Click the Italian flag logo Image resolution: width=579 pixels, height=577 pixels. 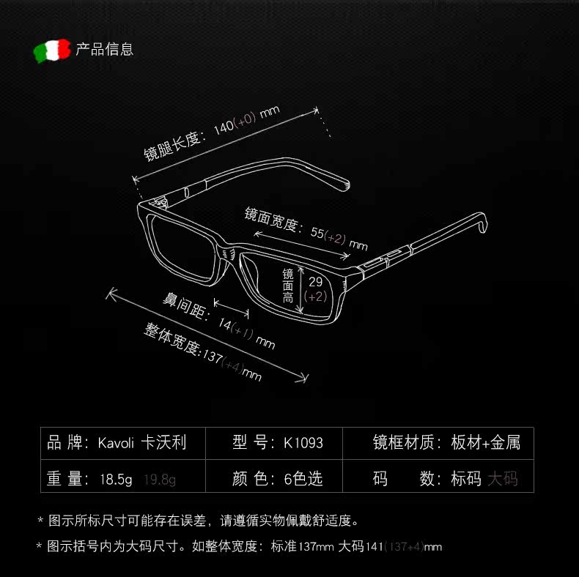point(51,51)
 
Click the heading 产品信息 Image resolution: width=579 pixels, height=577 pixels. point(105,50)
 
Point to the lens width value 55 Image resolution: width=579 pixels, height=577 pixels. point(317,233)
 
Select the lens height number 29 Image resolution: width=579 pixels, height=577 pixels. point(315,282)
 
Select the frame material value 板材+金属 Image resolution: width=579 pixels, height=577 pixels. point(486,443)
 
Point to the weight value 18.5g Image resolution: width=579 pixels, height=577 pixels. point(116,480)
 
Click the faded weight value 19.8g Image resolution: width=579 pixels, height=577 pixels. point(160,480)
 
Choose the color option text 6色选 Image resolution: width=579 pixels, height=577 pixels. point(303,480)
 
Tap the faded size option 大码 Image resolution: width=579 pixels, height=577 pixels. point(503,480)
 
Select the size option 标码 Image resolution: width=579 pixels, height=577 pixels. point(466,480)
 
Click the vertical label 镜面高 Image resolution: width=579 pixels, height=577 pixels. point(288,286)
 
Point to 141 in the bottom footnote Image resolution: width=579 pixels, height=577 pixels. point(375,547)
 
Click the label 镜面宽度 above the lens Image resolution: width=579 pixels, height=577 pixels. point(271,220)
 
